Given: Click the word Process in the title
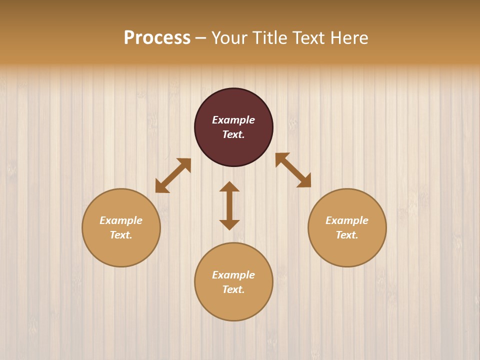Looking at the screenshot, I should (157, 38).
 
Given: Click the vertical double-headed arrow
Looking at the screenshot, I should (229, 205).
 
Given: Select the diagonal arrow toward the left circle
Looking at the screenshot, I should (173, 175).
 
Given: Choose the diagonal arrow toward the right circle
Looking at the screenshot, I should (293, 170).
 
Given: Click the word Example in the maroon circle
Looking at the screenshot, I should (233, 120).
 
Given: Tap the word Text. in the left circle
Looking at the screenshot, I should (121, 235).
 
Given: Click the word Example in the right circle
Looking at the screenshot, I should (347, 220).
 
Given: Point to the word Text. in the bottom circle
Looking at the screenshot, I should (233, 289).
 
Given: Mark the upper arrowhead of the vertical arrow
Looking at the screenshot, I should (229, 187).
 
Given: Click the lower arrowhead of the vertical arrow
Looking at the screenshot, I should (229, 224).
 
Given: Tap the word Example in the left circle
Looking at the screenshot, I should (121, 220).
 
